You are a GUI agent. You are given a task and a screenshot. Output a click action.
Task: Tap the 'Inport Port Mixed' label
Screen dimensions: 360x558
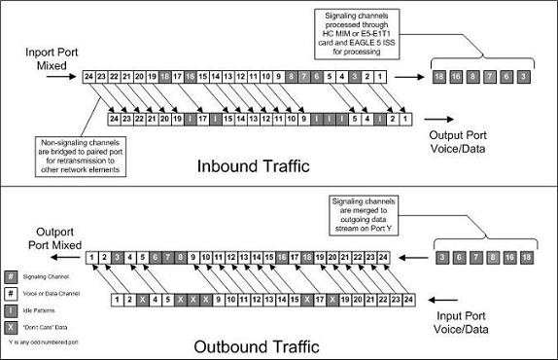39,54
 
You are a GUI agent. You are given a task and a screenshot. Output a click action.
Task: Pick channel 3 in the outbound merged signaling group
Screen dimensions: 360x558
442,258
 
